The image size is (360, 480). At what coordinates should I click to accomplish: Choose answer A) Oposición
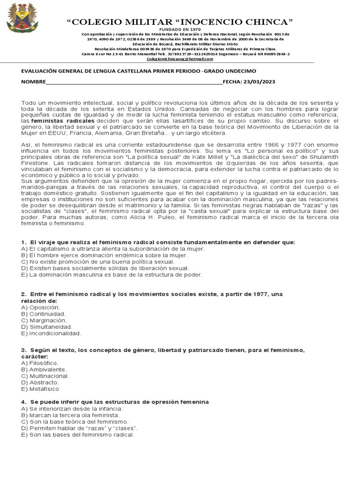41,307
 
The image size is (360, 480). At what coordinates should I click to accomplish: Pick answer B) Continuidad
43,314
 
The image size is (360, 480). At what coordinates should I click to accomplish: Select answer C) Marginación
44,320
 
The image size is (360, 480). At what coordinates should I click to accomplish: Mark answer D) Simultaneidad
46,327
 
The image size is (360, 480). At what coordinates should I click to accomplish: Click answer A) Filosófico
40,363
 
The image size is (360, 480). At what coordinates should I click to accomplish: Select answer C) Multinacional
45,376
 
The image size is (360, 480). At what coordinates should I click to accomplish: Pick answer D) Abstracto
40,382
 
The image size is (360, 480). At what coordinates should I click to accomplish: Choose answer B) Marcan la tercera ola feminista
67,415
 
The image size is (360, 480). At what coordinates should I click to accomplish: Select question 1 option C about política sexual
81,262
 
